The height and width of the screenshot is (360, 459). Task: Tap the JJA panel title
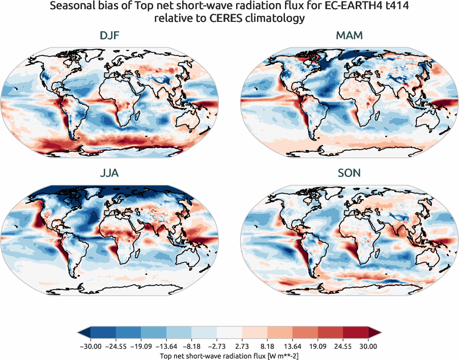[109, 173]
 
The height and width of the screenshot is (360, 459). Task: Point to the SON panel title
[350, 173]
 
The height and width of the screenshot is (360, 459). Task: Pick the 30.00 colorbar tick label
[368, 346]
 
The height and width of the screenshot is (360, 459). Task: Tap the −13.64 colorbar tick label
[175, 346]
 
